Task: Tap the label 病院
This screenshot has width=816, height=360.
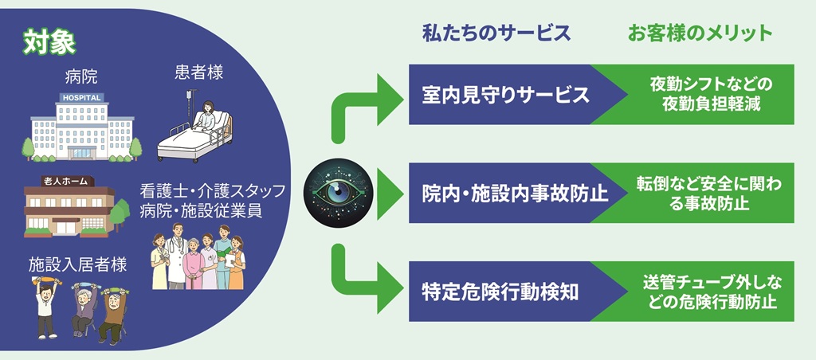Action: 81,77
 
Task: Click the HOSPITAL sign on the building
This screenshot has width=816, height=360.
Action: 81,98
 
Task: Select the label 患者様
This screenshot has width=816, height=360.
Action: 198,73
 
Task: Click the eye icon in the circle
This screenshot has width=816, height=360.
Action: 340,192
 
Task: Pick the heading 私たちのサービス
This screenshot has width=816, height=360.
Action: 496,33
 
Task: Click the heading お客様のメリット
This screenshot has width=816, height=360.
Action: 700,33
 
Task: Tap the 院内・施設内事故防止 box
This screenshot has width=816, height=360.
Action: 510,194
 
